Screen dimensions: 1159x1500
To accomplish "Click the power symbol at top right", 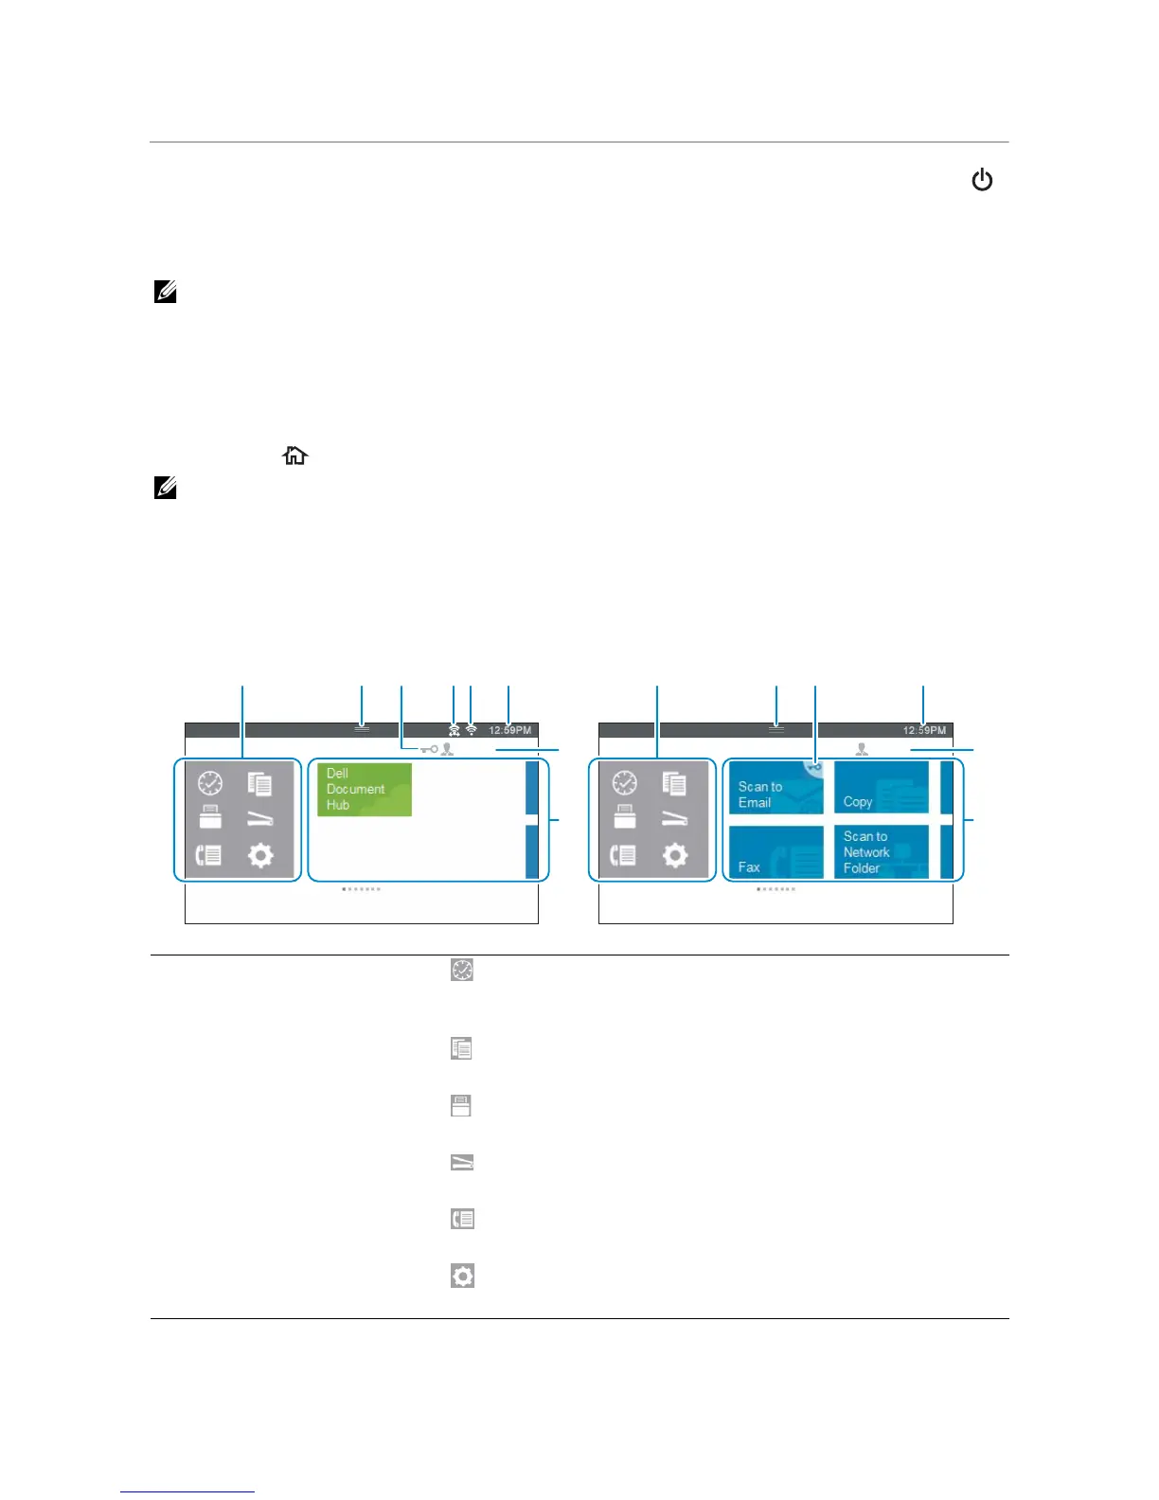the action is (x=982, y=180).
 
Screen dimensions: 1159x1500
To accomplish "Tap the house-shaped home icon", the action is (x=295, y=456).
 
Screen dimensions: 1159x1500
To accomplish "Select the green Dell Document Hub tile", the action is (x=365, y=790).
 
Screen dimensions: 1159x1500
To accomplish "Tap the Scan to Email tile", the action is (x=775, y=789).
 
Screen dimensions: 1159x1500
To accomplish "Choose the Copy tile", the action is (x=881, y=788).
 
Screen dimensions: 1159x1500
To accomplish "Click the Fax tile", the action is (x=775, y=852).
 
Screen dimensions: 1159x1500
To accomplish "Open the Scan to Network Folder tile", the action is (x=881, y=852).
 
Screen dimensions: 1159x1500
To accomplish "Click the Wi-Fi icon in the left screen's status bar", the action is (x=472, y=730).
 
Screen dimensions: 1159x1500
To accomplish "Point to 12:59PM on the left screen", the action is (x=510, y=730).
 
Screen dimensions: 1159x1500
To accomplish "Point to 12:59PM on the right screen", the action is (x=924, y=730).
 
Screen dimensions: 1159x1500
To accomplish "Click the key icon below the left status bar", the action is (x=429, y=749).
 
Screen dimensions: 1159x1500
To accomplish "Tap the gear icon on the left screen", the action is (x=260, y=856).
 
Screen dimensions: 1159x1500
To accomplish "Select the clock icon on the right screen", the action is (x=625, y=783).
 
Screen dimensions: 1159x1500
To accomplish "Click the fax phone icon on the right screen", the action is (x=623, y=856).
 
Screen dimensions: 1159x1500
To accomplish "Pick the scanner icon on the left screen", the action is (x=260, y=819).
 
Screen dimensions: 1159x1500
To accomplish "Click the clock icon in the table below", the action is (x=462, y=970).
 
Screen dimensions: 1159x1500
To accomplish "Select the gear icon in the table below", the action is (x=462, y=1276).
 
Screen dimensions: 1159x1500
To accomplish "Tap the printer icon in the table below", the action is (x=461, y=1105).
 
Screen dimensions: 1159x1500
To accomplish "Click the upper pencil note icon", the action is (x=166, y=293).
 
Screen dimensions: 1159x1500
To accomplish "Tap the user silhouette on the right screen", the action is (x=862, y=749).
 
